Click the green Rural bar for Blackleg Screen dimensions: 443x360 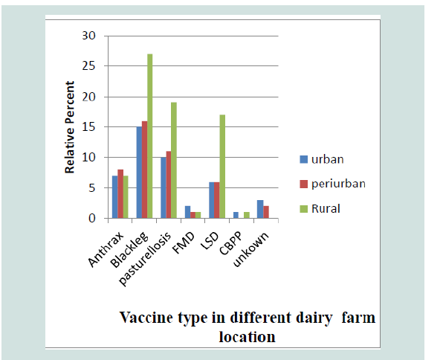coord(149,136)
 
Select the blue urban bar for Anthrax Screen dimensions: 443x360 coord(115,197)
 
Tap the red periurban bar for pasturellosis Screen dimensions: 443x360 coord(169,184)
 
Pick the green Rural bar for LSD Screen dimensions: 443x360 coord(222,167)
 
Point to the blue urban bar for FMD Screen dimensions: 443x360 coord(187,212)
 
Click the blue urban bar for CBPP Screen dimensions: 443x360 coord(236,215)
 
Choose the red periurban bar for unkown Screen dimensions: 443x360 coord(266,212)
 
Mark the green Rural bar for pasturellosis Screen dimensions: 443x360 coord(174,161)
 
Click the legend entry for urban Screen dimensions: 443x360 coord(322,159)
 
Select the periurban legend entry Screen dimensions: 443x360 coord(332,184)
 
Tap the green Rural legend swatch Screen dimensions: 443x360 coord(304,209)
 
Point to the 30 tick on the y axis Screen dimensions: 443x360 coord(88,36)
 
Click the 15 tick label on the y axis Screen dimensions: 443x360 coord(88,127)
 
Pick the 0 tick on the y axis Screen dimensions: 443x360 coord(92,219)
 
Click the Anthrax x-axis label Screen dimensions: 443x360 coord(106,249)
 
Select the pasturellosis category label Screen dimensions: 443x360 coord(145,259)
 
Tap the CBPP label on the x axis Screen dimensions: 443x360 coord(230,243)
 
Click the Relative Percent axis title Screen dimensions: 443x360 coord(69,127)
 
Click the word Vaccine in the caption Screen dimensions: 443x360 coord(146,318)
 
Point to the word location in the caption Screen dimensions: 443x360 coord(248,337)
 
